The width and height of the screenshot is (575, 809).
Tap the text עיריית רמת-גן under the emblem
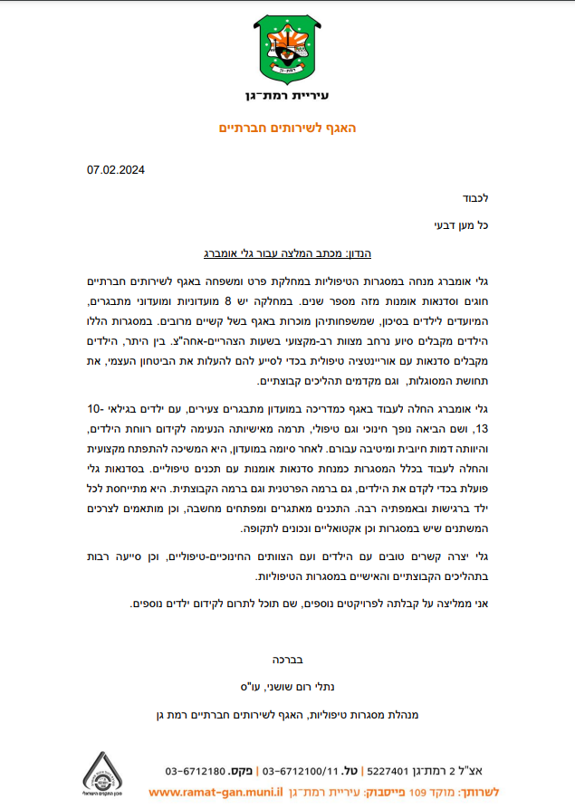tap(287, 96)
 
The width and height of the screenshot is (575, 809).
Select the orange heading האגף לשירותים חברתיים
tap(287, 128)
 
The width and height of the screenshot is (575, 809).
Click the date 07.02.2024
tap(116, 169)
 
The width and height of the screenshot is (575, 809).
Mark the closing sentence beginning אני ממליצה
tap(308, 603)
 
